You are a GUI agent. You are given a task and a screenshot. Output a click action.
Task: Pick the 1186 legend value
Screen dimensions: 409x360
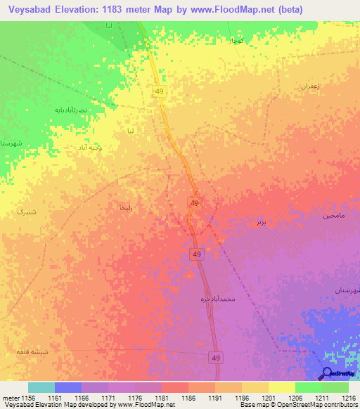188,398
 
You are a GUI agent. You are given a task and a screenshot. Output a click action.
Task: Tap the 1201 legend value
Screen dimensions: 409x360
269,398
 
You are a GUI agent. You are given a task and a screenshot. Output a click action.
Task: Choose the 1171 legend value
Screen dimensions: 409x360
108,398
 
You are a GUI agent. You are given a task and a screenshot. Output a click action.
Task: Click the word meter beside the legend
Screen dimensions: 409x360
10,398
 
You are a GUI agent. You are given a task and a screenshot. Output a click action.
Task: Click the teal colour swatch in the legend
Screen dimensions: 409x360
41,387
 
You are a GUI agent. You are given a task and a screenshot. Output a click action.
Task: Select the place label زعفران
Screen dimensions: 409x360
311,86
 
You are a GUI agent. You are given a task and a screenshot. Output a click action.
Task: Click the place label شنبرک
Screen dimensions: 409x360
25,210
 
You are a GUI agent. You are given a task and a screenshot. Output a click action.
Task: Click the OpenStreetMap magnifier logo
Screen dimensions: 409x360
328,374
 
